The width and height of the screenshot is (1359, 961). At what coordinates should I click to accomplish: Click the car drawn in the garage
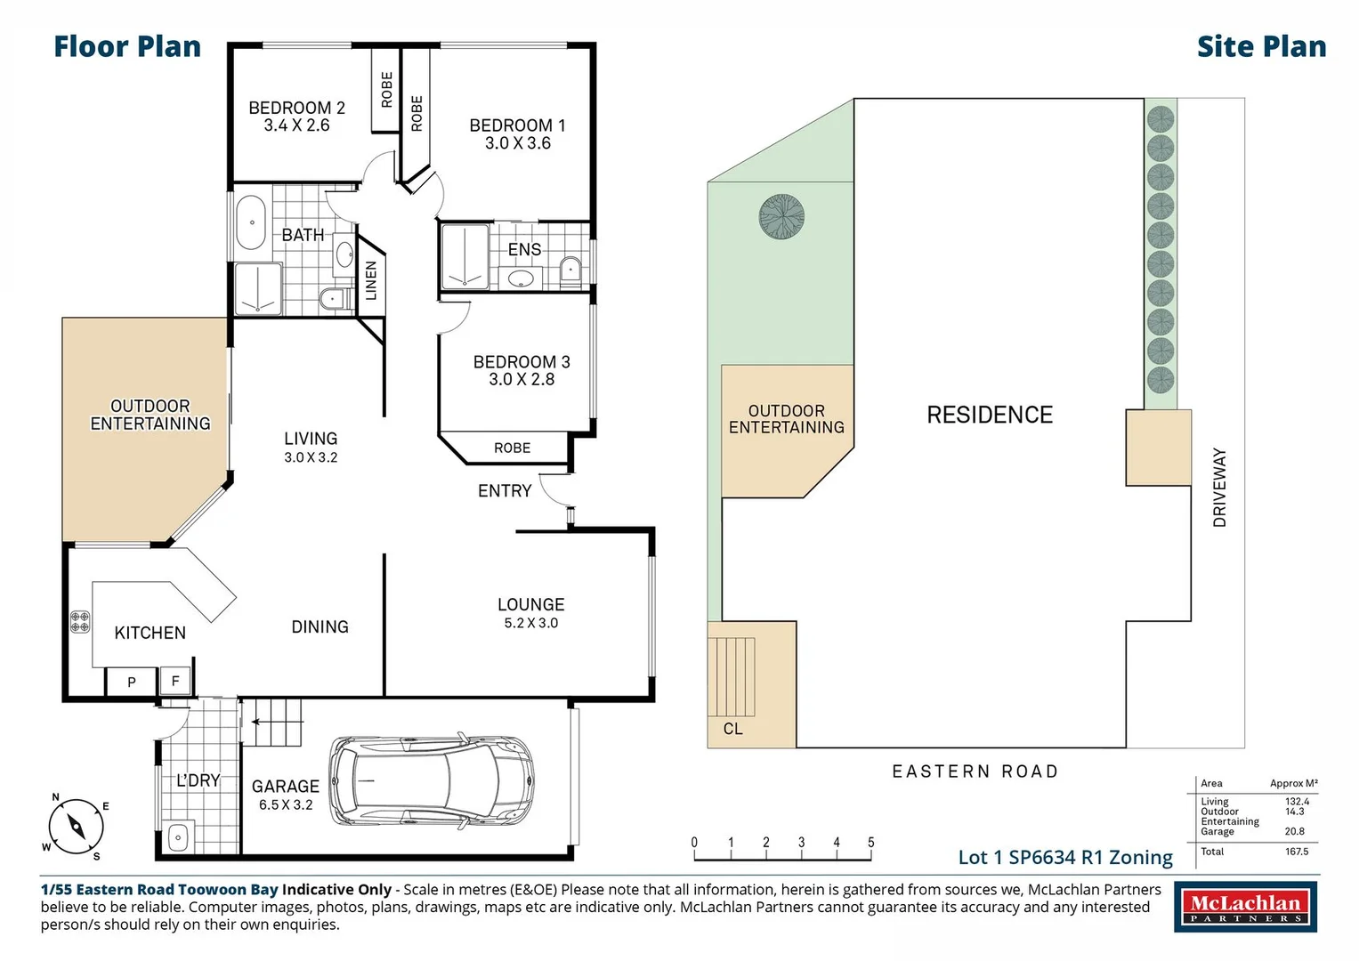(x=432, y=781)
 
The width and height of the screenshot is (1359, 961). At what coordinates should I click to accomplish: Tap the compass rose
(x=76, y=827)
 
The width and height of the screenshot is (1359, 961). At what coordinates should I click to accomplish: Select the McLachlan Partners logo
(x=1246, y=908)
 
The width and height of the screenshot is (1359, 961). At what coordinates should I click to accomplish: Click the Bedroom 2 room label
(x=296, y=117)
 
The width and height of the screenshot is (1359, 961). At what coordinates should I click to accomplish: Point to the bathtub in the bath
(x=251, y=222)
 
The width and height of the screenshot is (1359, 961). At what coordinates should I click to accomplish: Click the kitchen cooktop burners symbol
(x=80, y=622)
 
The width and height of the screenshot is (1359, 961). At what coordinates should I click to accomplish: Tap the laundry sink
(x=178, y=837)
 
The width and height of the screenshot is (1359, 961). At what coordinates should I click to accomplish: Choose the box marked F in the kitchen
(x=175, y=681)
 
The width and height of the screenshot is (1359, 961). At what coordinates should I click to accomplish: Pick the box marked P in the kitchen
(x=132, y=682)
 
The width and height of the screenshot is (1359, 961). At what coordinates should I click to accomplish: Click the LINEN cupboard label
(x=371, y=280)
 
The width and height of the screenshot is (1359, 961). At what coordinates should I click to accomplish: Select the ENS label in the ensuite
(x=524, y=249)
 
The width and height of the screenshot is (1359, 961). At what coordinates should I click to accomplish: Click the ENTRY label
(x=505, y=490)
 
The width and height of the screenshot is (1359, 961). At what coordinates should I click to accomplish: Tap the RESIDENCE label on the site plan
(x=990, y=415)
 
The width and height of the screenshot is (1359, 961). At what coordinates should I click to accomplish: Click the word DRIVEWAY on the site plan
(x=1219, y=488)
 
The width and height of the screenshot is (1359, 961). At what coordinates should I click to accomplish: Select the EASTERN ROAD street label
(x=975, y=771)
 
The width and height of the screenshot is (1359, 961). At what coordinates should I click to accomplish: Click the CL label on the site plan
(x=732, y=729)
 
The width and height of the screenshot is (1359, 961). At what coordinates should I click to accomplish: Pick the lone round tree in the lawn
(x=781, y=216)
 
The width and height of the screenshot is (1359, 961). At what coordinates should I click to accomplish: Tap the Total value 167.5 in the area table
(x=1297, y=852)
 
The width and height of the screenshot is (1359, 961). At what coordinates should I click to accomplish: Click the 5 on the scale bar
(x=871, y=842)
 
